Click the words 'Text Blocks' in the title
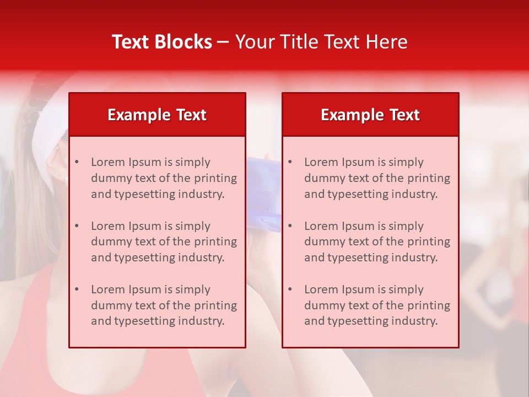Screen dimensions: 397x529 pos(161,42)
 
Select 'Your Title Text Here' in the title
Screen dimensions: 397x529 pos(321,42)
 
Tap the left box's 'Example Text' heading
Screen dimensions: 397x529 pos(157,115)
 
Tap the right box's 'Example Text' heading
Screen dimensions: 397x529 pos(370,115)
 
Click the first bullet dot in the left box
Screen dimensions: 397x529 pos(77,162)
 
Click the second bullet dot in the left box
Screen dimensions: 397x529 pos(77,226)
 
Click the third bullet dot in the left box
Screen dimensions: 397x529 pos(77,289)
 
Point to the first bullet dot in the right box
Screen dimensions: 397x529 pos(290,162)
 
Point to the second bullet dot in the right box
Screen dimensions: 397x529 pos(290,226)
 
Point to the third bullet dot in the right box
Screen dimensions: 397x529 pos(290,289)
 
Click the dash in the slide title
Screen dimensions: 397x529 pos(223,42)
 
